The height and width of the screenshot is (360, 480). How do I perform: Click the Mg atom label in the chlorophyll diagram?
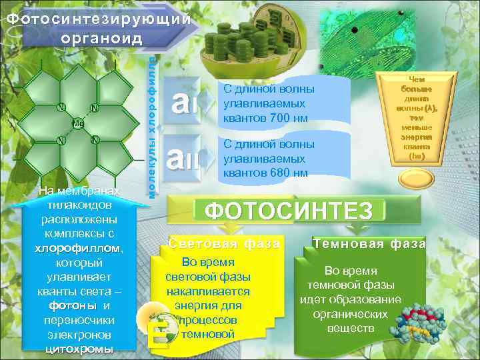pos(77,124)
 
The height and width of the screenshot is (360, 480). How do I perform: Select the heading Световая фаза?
pos(224,243)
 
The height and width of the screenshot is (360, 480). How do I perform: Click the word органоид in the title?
pos(101,36)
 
